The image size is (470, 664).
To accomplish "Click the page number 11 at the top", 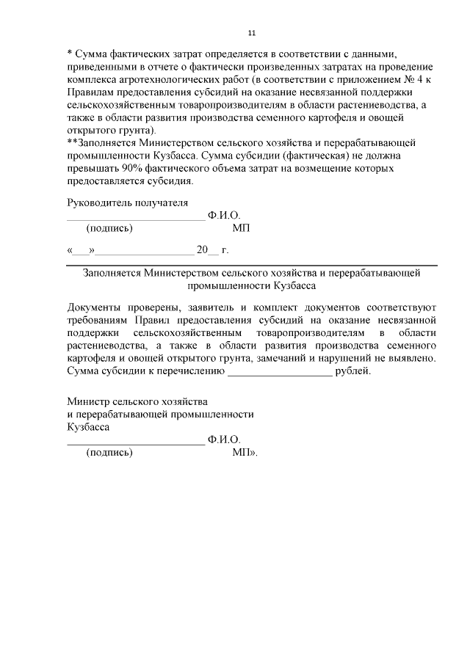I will pyautogui.click(x=250, y=33).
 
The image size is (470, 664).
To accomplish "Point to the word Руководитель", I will pyautogui.click(x=98, y=203).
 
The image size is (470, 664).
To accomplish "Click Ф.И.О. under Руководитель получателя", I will pyautogui.click(x=224, y=216).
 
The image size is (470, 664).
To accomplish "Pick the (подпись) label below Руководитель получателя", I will pyautogui.click(x=109, y=228).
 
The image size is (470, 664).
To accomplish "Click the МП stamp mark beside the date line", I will pyautogui.click(x=242, y=228).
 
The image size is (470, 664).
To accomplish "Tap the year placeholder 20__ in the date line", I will pyautogui.click(x=207, y=250).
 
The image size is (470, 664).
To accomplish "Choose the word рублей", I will pyautogui.click(x=352, y=371).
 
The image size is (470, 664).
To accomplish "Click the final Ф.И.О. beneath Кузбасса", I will pyautogui.click(x=224, y=439).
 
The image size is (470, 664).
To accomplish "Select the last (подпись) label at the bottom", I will pyautogui.click(x=109, y=452).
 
